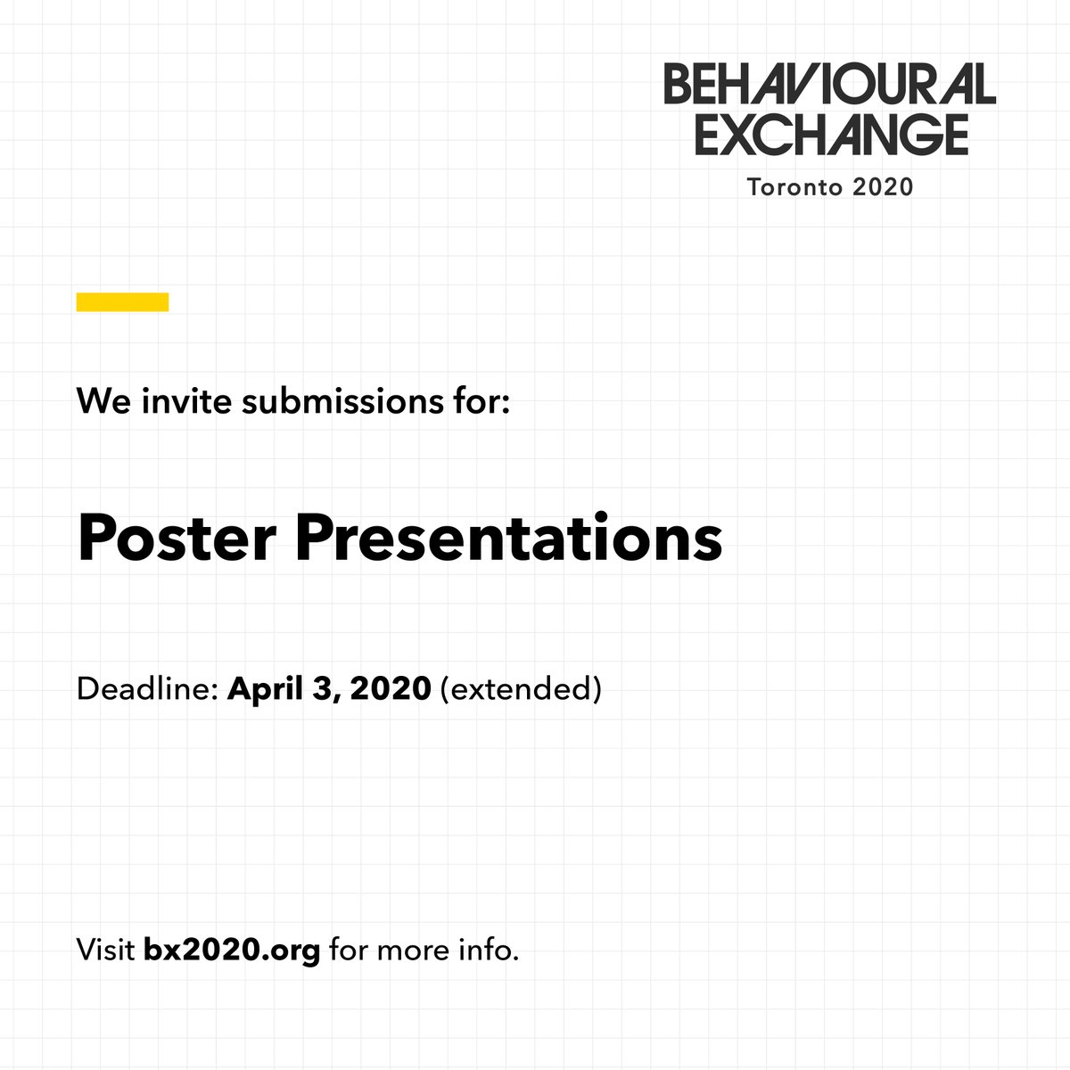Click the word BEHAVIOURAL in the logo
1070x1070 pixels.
click(x=829, y=85)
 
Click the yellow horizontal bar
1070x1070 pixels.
click(x=122, y=302)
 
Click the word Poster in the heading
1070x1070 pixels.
click(x=177, y=539)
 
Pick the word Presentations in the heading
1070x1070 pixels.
click(x=508, y=539)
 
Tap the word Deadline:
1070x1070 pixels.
click(x=147, y=689)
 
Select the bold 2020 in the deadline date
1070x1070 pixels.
click(x=391, y=689)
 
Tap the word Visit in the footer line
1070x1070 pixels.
click(x=105, y=950)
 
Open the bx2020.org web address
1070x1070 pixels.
click(x=232, y=950)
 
